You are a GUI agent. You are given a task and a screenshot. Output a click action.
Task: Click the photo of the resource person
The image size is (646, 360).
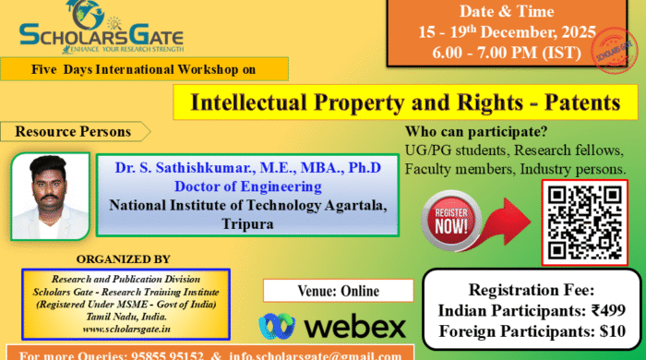click(51, 197)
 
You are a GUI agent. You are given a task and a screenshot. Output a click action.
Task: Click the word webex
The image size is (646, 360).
click(354, 326)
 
